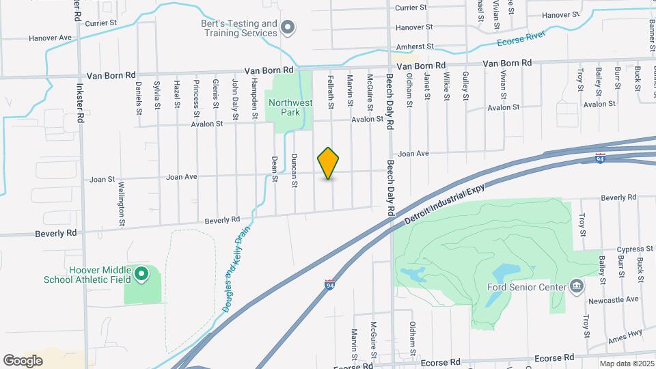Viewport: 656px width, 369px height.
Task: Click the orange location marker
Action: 329,163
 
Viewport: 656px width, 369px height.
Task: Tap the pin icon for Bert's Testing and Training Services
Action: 288,28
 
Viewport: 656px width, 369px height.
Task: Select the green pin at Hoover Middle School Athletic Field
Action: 141,275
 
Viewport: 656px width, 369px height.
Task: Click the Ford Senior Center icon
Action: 576,286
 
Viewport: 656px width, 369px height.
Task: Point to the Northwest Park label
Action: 290,108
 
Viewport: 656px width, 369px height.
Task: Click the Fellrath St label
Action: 331,90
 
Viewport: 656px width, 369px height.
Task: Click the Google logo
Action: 23,360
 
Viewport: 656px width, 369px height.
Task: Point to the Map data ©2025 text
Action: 627,364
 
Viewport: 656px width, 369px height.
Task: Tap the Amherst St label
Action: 415,47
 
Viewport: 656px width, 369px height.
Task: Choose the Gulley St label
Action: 465,86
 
